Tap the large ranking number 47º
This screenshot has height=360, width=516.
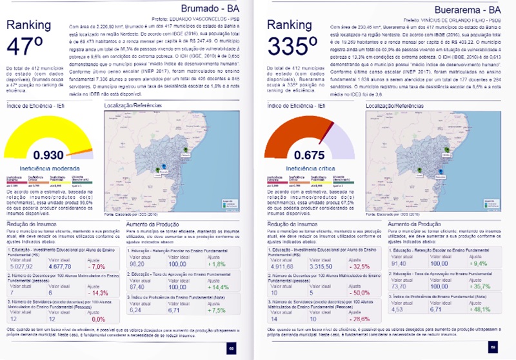(28, 48)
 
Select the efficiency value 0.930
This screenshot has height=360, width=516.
(48, 155)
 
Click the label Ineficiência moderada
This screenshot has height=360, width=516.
(48, 168)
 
